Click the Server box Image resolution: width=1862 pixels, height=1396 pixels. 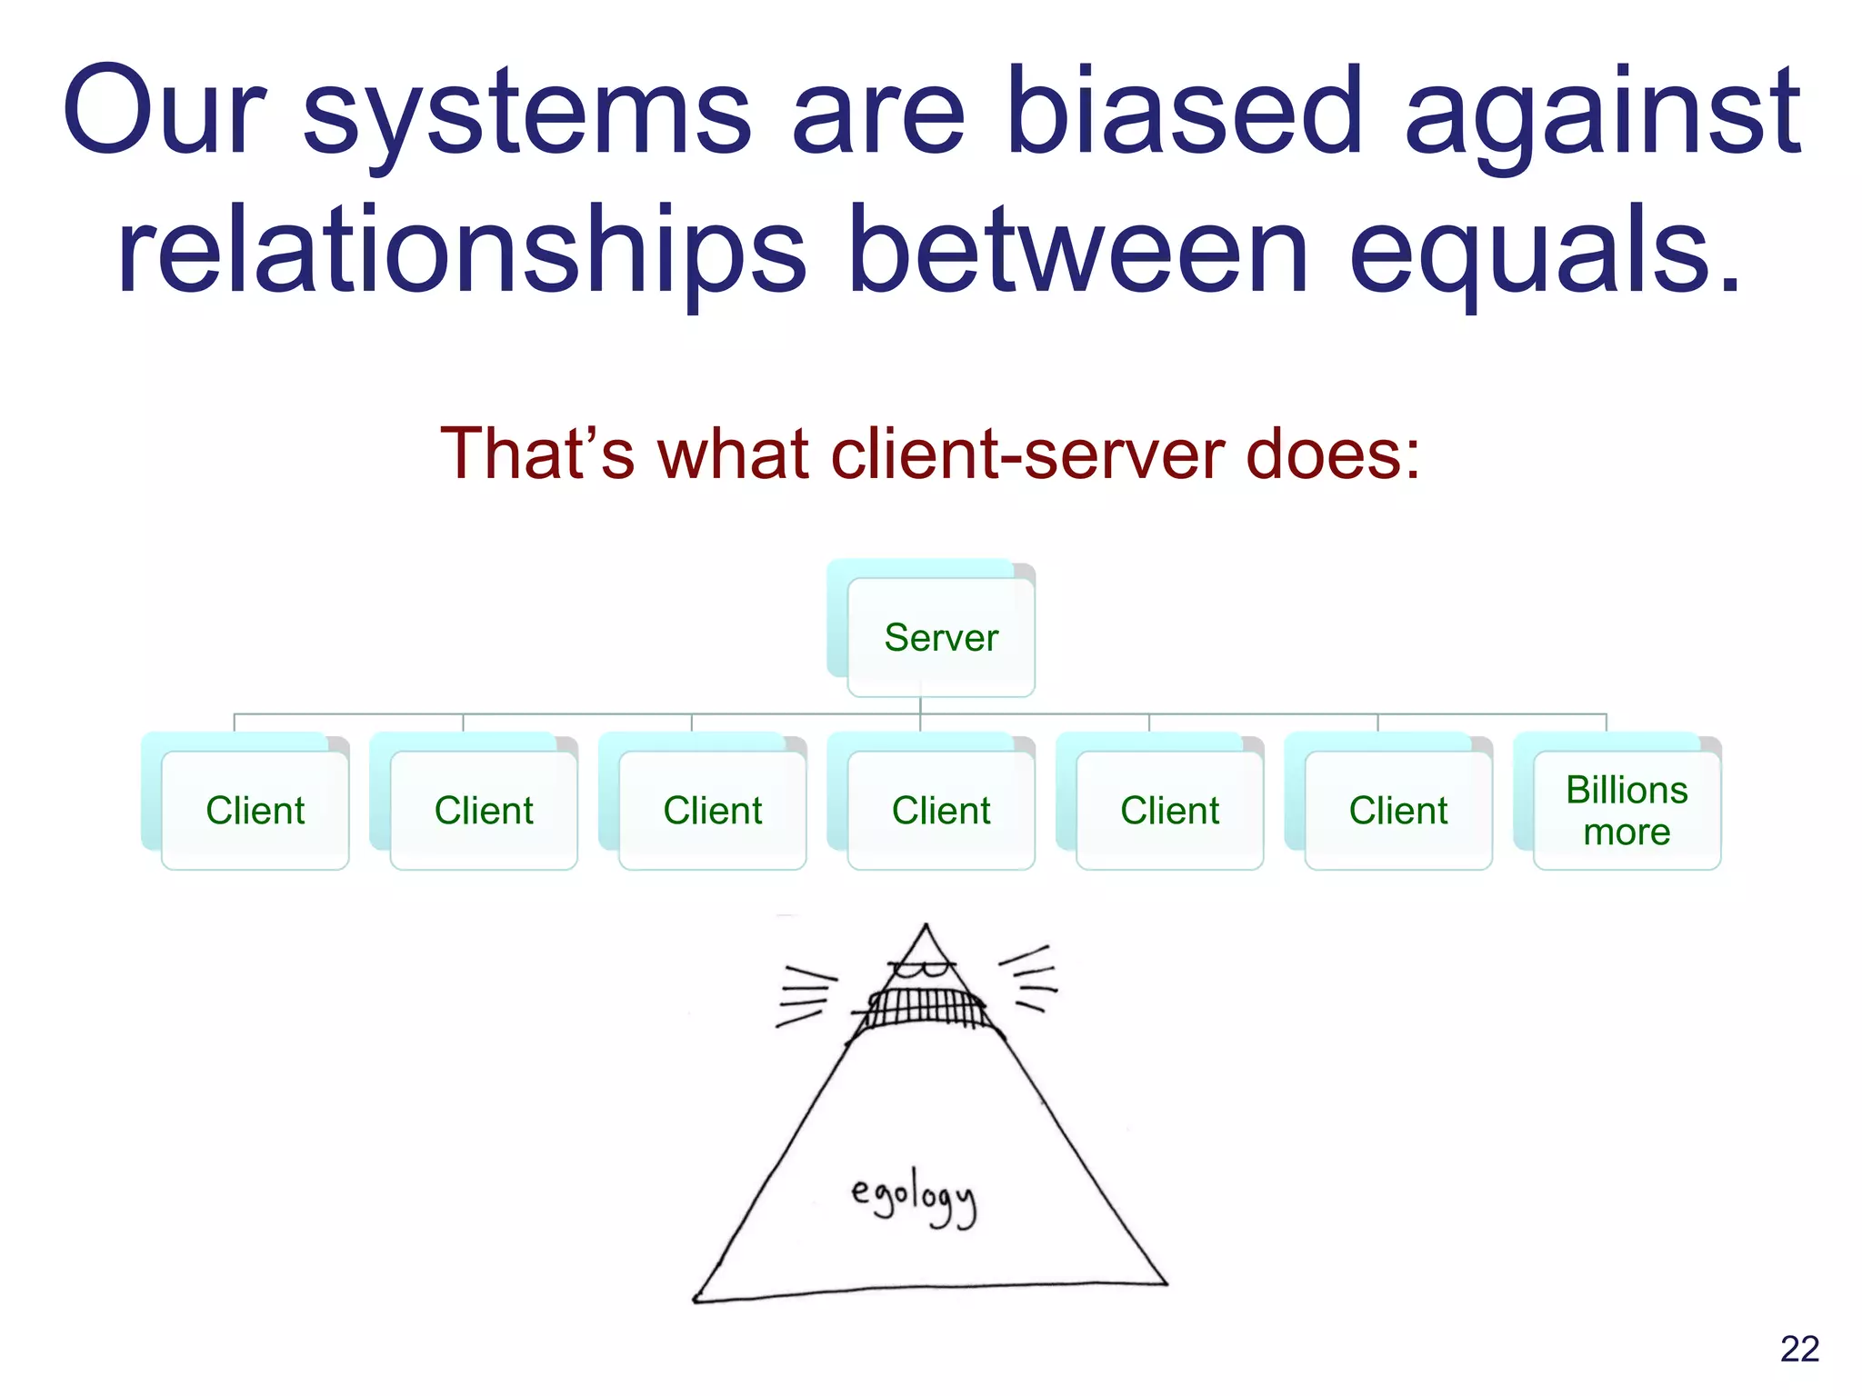[x=940, y=637]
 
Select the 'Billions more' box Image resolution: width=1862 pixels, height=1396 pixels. [x=1626, y=810]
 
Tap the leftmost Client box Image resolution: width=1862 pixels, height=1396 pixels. [x=255, y=810]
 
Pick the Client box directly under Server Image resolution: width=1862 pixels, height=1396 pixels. [x=940, y=810]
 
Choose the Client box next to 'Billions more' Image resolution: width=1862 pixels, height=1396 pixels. [x=1397, y=810]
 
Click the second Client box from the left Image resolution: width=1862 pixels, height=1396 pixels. [x=483, y=810]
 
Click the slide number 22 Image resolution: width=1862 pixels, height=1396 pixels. [x=1799, y=1349]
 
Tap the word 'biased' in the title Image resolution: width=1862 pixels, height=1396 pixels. [x=1184, y=114]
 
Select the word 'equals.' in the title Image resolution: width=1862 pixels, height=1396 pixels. [x=1546, y=250]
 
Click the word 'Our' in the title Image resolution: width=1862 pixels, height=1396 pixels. [x=164, y=114]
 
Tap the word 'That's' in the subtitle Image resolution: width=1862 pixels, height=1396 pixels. [x=536, y=454]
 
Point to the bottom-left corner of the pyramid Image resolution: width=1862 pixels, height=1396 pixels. [x=696, y=1299]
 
